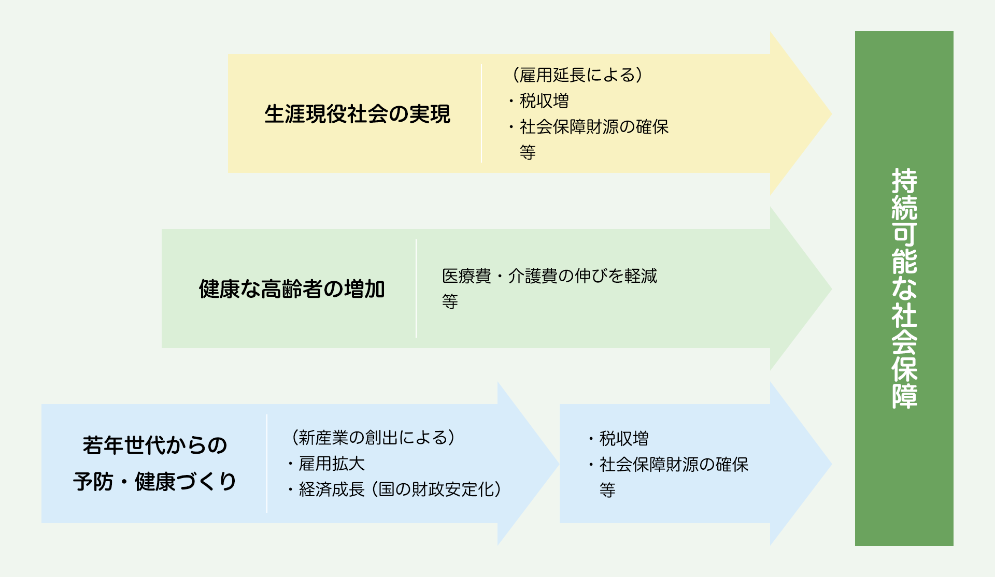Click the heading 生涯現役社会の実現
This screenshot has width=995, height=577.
(357, 114)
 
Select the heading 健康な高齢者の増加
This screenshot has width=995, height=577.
(292, 289)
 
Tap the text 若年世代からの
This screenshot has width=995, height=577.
(155, 445)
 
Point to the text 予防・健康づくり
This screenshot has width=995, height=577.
(154, 482)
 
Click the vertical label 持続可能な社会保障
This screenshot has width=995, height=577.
(904, 288)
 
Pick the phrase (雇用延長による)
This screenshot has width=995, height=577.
(577, 75)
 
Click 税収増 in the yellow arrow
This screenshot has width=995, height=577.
(544, 101)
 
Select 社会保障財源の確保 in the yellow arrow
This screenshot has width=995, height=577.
(594, 127)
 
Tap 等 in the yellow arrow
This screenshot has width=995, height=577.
(528, 152)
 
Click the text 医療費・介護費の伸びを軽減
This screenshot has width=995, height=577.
(549, 276)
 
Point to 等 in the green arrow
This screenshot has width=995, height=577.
(450, 301)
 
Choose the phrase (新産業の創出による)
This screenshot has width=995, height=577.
(373, 438)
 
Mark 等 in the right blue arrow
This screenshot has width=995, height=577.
(607, 490)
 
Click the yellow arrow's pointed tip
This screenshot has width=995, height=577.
(831, 114)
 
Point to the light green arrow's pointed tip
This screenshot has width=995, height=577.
(831, 288)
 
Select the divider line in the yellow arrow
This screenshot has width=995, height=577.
(481, 113)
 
